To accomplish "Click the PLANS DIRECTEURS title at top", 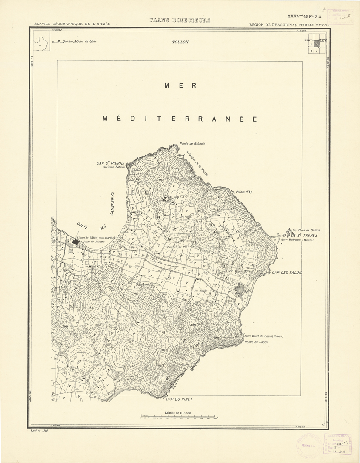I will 180,20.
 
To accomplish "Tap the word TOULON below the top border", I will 180,42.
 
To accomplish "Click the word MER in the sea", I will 180,85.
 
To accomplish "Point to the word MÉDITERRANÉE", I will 180,119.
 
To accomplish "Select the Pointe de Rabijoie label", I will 192,144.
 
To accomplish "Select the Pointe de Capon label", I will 256,342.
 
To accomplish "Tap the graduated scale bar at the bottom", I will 179,418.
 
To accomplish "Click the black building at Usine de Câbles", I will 75,241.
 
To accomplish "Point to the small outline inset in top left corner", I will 41,43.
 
